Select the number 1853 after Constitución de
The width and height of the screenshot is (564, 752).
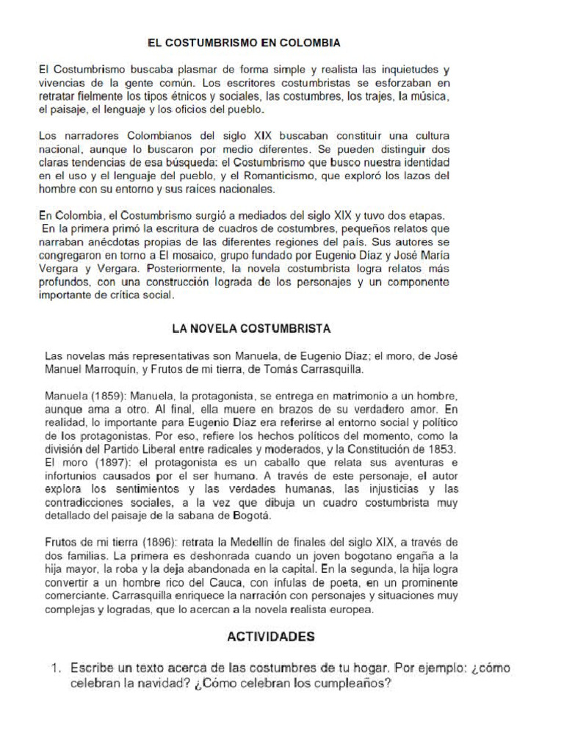(441, 449)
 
